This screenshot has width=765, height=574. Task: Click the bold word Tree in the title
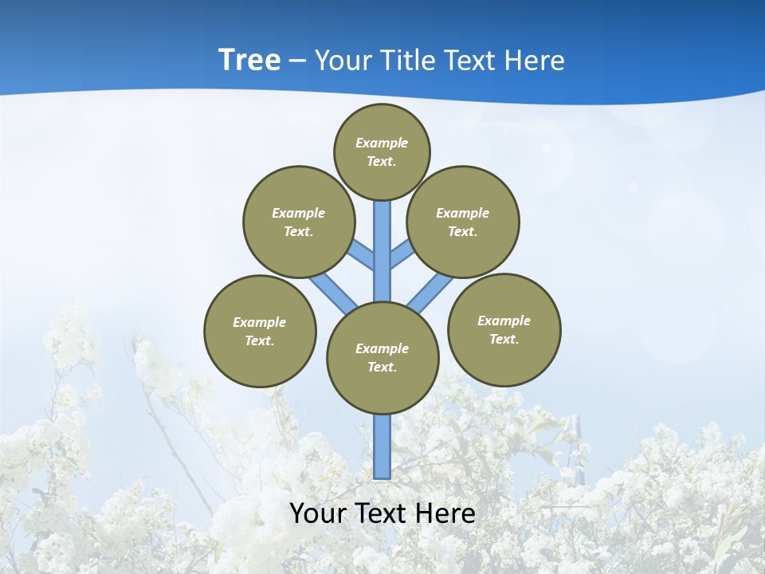pyautogui.click(x=249, y=60)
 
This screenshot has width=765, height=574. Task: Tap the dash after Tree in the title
pyautogui.click(x=297, y=61)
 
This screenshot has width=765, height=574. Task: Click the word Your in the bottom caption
pyautogui.click(x=318, y=513)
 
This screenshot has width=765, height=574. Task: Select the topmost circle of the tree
pyautogui.click(x=382, y=151)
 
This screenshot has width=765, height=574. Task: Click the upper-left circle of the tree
pyautogui.click(x=299, y=222)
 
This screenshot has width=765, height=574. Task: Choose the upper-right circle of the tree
pyautogui.click(x=463, y=222)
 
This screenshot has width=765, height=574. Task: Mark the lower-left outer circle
pyautogui.click(x=260, y=331)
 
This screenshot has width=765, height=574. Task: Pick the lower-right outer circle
pyautogui.click(x=504, y=329)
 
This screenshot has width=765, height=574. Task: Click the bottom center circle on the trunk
pyautogui.click(x=382, y=358)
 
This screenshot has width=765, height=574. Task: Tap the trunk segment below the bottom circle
pyautogui.click(x=382, y=446)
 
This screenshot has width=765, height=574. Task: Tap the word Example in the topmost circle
pyautogui.click(x=382, y=143)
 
